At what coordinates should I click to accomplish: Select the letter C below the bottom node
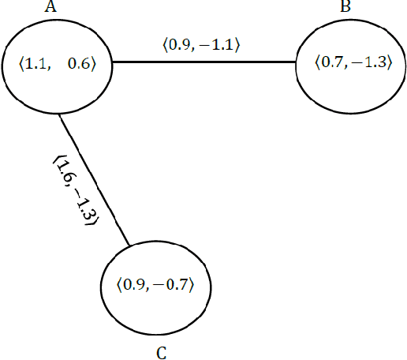click(x=161, y=352)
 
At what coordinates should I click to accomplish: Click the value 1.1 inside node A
click(x=35, y=65)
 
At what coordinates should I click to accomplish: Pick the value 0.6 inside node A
click(x=79, y=65)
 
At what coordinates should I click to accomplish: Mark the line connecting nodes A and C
click(x=94, y=178)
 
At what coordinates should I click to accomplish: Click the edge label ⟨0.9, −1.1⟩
click(x=201, y=46)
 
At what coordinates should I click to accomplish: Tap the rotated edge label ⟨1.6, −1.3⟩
click(x=73, y=192)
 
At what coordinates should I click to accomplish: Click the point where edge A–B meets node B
click(x=296, y=62)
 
